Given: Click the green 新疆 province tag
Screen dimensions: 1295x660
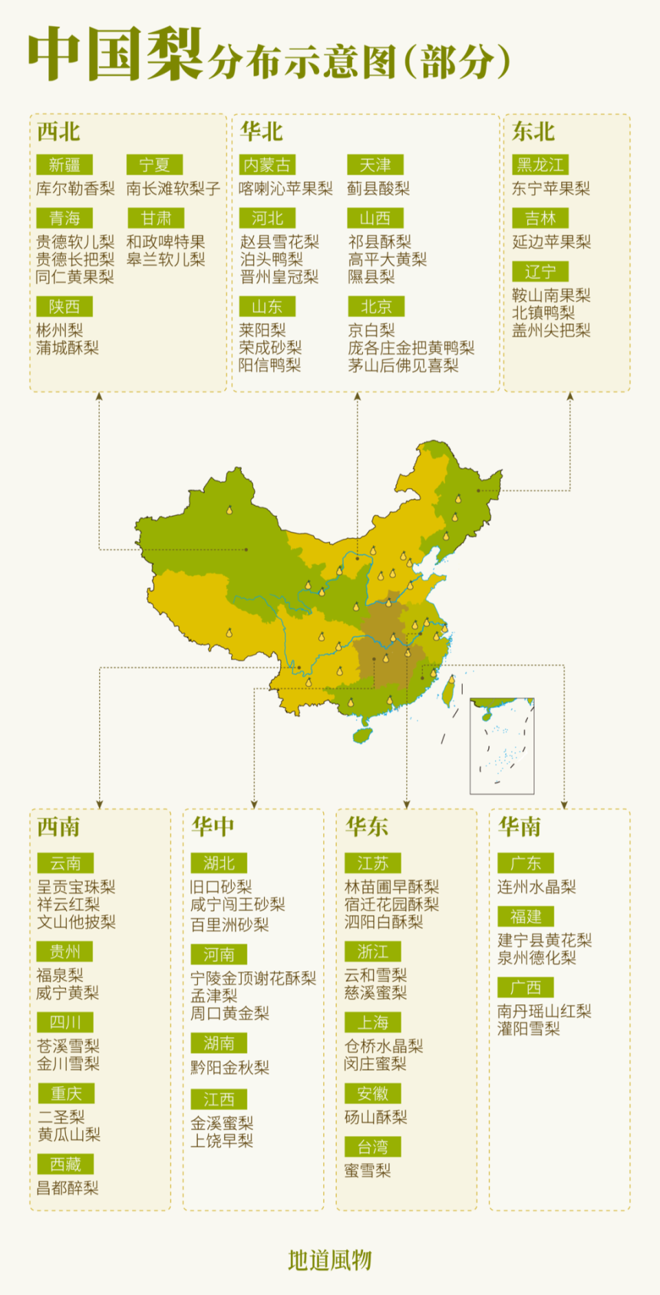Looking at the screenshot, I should click(64, 165).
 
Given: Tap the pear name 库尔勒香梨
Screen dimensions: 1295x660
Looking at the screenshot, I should click(76, 188).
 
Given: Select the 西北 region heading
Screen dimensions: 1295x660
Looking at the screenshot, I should click(58, 131).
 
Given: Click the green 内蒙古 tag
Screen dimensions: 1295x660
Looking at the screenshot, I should click(267, 165).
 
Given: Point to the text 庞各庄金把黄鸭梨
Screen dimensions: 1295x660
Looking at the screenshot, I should click(411, 348).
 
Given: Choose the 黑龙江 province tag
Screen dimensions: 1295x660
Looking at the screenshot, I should click(540, 165).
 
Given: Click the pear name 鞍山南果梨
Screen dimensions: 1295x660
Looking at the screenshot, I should click(551, 296).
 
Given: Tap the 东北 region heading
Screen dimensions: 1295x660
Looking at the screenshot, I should click(533, 131).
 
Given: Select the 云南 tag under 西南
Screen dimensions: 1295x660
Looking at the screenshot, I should click(65, 863).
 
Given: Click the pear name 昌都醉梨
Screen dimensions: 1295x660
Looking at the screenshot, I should click(67, 1188).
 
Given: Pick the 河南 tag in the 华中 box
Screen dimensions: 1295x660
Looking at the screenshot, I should click(219, 954).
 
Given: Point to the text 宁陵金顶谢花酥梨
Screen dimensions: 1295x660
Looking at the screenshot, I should click(253, 978).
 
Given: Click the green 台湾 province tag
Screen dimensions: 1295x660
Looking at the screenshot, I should click(373, 1147).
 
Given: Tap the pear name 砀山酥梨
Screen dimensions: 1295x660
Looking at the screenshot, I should click(375, 1117).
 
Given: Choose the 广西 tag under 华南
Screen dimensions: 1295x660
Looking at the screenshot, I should click(526, 988).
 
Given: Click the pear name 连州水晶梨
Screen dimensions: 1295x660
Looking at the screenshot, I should click(536, 887).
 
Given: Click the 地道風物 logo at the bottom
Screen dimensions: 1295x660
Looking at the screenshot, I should click(330, 1260).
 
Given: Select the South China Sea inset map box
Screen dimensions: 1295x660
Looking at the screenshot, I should click(502, 746).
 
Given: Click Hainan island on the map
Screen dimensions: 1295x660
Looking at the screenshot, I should click(363, 735).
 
